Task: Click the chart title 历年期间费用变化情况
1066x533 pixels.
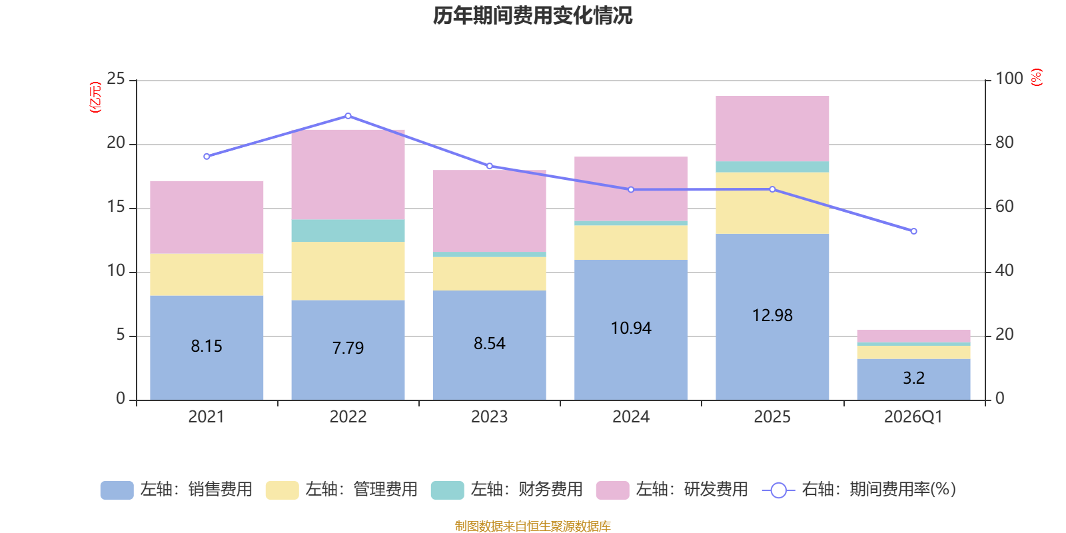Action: pos(532,16)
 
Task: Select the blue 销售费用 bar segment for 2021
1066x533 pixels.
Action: pos(207,348)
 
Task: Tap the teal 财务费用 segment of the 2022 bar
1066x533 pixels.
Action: pos(348,231)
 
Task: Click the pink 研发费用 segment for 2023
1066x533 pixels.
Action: pos(489,211)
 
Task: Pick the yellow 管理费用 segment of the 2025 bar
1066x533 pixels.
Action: pos(772,203)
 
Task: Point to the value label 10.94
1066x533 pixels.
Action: pos(630,328)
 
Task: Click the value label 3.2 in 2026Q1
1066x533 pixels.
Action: pos(913,378)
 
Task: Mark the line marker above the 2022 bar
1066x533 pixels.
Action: pos(348,116)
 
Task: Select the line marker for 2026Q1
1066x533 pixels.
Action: pos(913,231)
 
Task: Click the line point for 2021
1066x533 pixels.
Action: pos(207,157)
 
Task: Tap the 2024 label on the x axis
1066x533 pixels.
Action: pos(630,417)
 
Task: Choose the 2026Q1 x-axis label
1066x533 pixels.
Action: pos(913,417)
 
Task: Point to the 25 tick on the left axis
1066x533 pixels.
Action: pos(116,79)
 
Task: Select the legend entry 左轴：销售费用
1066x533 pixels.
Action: pos(177,490)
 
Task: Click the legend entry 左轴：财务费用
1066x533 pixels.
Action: pos(507,490)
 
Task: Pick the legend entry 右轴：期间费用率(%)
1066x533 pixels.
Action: pos(859,490)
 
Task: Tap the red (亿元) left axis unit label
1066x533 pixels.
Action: pos(95,97)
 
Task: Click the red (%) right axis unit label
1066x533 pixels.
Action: pos(1037,77)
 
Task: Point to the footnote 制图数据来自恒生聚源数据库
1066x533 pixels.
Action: pos(532,526)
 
